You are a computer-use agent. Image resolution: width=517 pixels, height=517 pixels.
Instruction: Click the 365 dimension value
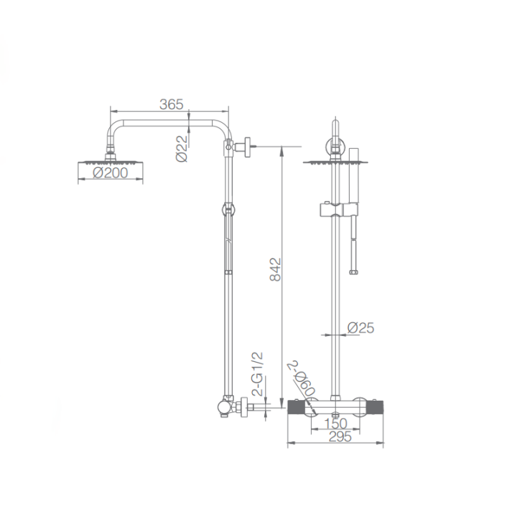click(171, 105)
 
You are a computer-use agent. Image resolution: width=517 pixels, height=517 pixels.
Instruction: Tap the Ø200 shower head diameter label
click(110, 173)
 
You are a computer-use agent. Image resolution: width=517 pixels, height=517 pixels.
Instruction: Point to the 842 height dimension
click(275, 270)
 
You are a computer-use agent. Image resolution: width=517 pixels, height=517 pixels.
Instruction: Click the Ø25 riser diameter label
click(360, 327)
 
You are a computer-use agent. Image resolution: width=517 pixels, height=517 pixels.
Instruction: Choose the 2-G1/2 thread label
click(257, 373)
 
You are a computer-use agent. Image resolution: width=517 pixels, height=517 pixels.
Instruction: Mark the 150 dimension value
click(335, 424)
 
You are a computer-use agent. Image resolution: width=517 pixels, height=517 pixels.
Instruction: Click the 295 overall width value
click(340, 437)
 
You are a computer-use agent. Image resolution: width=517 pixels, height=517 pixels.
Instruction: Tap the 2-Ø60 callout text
click(303, 378)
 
